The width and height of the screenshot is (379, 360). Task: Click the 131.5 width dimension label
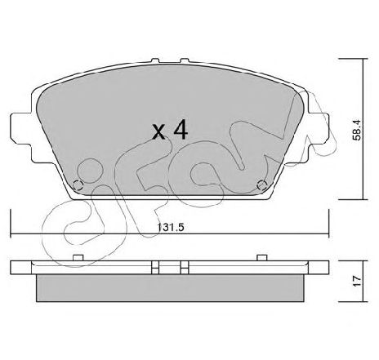click(x=171, y=227)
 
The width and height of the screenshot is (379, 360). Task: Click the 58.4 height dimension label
click(x=356, y=130)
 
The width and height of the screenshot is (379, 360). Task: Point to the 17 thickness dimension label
click(x=356, y=281)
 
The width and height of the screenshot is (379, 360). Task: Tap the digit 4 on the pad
click(x=181, y=130)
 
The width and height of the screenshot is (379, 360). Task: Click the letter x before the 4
click(x=158, y=133)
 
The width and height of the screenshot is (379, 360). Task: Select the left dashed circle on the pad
click(x=78, y=185)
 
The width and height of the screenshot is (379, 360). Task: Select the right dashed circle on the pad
click(x=262, y=185)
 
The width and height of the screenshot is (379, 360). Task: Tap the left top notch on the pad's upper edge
click(x=155, y=62)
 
